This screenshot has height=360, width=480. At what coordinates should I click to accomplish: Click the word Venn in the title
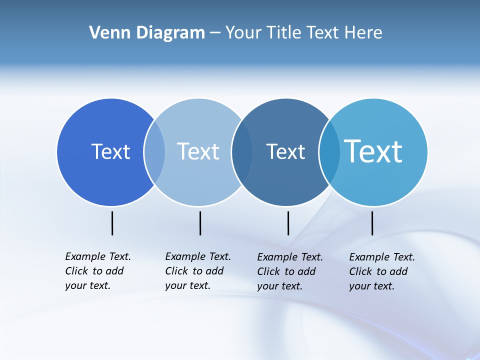click(106, 33)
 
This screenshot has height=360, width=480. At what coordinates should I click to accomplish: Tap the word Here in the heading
click(363, 33)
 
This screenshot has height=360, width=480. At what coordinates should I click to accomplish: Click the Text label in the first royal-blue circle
click(110, 151)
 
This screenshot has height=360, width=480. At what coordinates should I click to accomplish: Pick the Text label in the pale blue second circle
click(198, 151)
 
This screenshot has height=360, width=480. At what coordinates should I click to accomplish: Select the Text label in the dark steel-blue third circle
click(285, 151)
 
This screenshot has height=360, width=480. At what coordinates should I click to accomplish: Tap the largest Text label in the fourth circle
click(373, 151)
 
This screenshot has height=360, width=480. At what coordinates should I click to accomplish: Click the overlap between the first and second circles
click(154, 152)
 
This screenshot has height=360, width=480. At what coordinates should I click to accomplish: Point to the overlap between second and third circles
click(242, 152)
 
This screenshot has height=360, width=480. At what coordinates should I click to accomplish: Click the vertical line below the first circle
click(112, 223)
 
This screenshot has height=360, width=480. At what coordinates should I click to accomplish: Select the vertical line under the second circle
click(200, 223)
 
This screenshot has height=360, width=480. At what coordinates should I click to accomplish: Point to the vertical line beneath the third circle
click(288, 223)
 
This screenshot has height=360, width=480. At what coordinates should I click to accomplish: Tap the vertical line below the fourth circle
click(372, 223)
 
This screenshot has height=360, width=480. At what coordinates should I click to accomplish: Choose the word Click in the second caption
click(176, 271)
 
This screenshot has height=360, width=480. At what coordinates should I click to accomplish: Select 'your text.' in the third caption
click(279, 286)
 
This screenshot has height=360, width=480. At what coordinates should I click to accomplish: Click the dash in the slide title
click(215, 33)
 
